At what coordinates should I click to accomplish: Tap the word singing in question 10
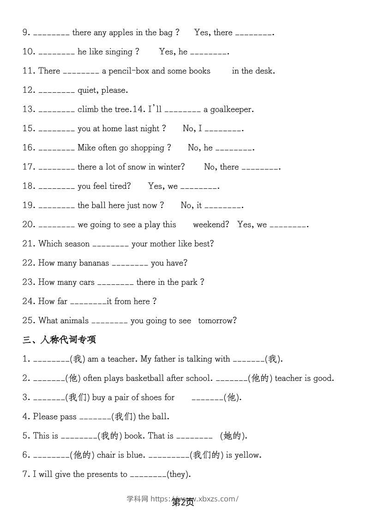click(119, 52)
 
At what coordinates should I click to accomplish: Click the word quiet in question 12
click(88, 90)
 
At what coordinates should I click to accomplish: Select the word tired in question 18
click(119, 186)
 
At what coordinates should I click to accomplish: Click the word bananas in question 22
click(94, 263)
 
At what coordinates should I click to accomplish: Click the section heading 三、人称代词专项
click(59, 340)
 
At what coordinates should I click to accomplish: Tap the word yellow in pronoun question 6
click(247, 455)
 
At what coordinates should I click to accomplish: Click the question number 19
click(29, 205)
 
